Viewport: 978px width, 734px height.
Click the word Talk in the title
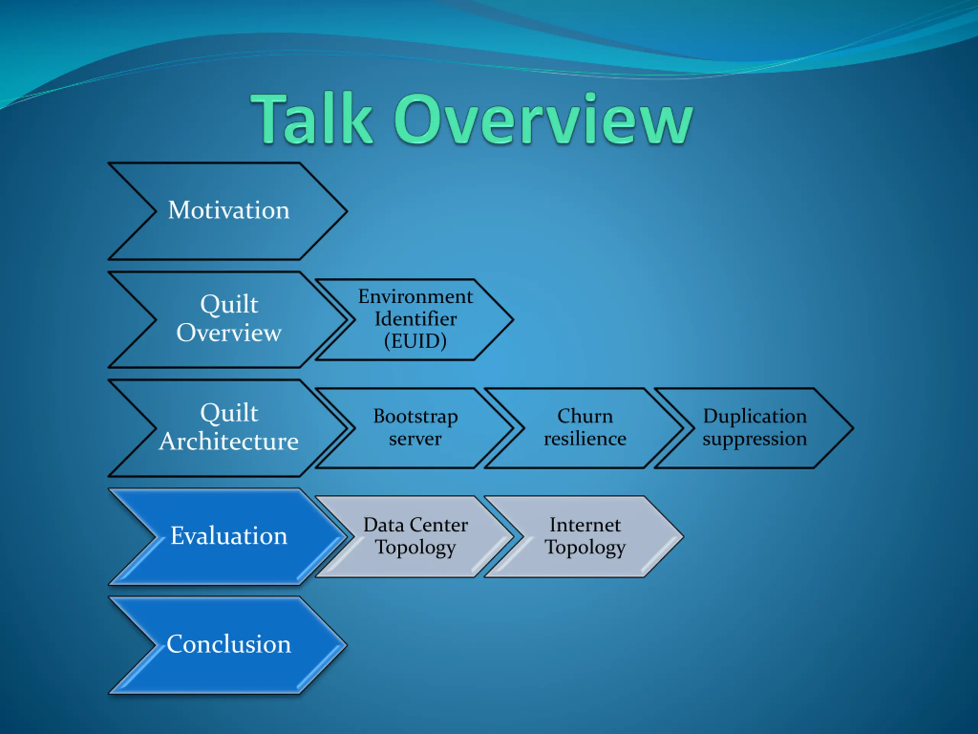click(x=313, y=118)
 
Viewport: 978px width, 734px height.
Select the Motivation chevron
click(x=228, y=211)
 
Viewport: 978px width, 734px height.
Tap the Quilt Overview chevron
click(x=228, y=320)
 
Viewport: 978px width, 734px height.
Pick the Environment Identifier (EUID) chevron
click(x=415, y=320)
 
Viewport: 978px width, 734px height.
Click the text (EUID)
click(x=415, y=341)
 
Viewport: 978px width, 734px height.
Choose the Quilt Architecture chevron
click(x=228, y=428)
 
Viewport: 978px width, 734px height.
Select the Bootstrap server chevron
click(x=415, y=428)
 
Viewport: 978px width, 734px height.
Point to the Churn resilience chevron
click(x=585, y=428)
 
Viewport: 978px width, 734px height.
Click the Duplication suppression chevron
click(x=754, y=428)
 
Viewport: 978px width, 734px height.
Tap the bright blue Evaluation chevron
click(x=228, y=537)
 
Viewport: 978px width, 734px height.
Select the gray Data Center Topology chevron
click(x=415, y=537)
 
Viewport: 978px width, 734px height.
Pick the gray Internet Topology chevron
click(x=585, y=537)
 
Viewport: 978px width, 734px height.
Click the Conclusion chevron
click(x=228, y=645)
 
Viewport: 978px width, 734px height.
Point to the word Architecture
click(x=229, y=442)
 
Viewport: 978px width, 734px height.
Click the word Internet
click(x=585, y=525)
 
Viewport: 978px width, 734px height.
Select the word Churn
click(x=585, y=416)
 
